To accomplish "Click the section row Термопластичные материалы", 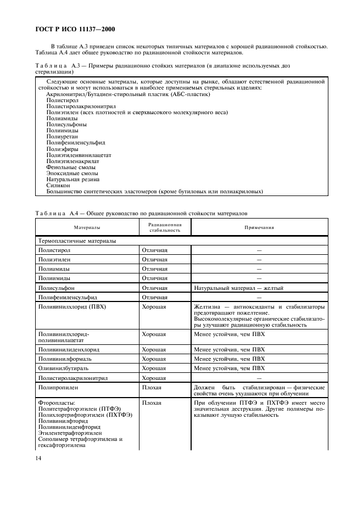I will pos(76,241).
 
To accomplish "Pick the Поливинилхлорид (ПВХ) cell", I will pos(71,306).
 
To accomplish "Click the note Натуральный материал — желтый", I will pos(239,287).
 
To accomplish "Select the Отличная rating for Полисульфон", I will pos(154,287).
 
